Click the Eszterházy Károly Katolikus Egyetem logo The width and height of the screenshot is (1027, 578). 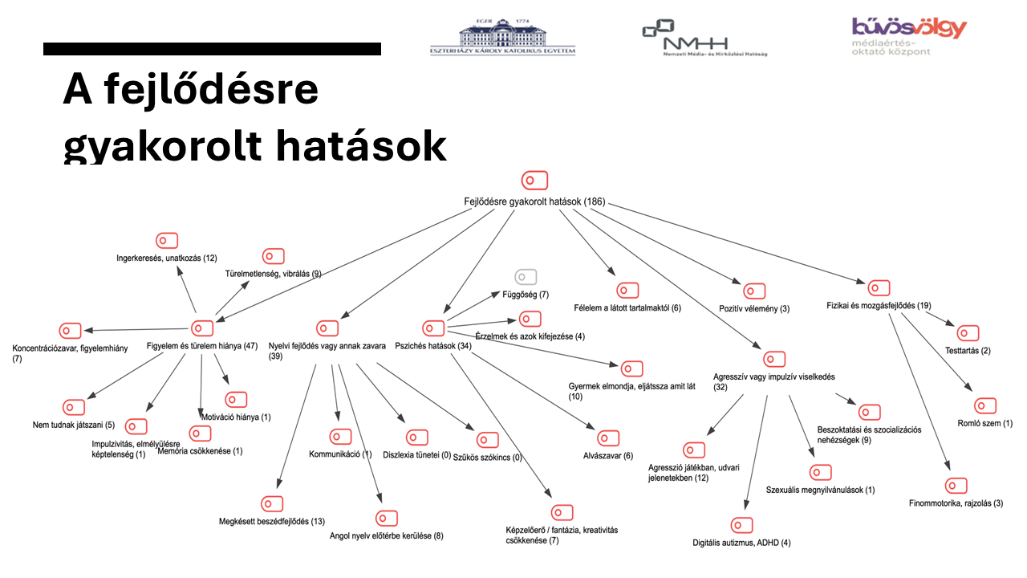[x=502, y=36]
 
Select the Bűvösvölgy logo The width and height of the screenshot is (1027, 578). [x=908, y=35]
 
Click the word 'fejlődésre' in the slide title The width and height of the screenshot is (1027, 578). [x=212, y=90]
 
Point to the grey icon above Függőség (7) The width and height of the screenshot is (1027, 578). [x=526, y=277]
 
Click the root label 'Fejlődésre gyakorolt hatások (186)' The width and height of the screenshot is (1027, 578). [x=534, y=201]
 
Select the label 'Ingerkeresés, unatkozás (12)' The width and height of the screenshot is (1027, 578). [x=167, y=258]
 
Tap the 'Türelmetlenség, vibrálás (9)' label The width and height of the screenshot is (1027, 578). [x=273, y=275]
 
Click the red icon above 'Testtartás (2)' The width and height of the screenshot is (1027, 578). [x=968, y=333]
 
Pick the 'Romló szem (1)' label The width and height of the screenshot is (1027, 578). [x=985, y=423]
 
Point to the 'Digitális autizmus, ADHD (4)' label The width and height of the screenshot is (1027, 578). [x=741, y=543]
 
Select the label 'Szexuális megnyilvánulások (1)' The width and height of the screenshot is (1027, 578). [x=820, y=490]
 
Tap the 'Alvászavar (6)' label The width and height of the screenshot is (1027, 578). [x=608, y=456]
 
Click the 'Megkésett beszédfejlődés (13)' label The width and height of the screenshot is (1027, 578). [x=271, y=522]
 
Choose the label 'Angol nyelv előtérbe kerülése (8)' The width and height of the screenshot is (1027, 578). [x=386, y=535]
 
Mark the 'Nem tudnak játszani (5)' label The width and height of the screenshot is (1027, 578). [x=74, y=425]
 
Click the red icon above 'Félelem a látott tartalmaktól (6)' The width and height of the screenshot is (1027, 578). [x=627, y=291]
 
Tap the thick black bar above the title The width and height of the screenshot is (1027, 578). [x=212, y=49]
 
